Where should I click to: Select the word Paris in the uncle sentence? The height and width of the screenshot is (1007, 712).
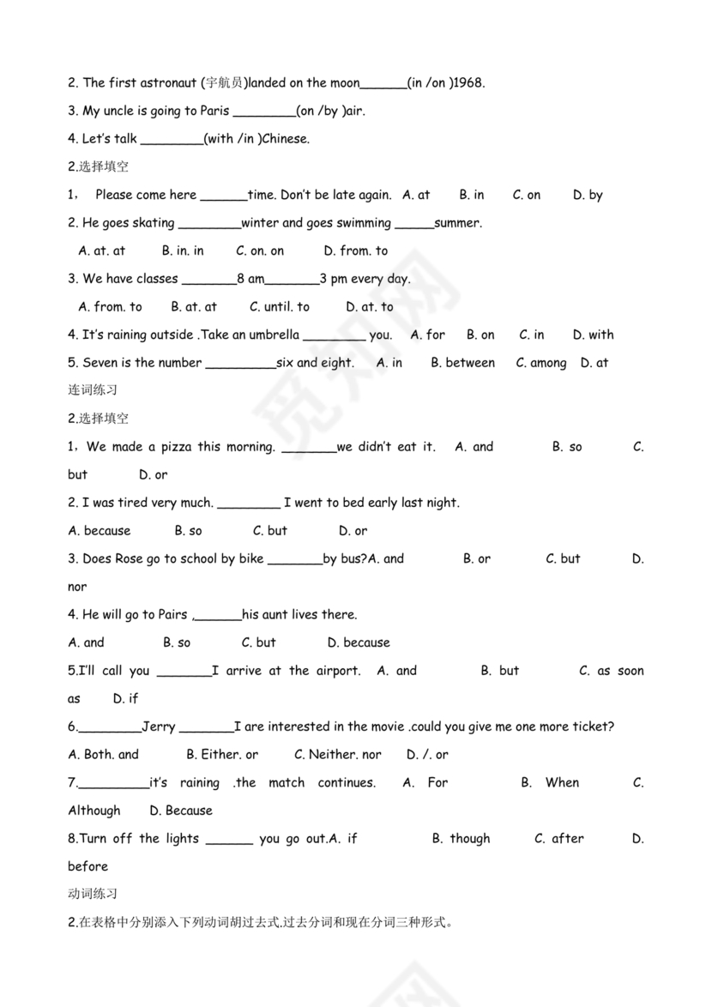click(214, 111)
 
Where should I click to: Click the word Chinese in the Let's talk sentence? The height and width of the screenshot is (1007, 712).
click(285, 139)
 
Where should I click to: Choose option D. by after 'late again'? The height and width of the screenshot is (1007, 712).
click(588, 196)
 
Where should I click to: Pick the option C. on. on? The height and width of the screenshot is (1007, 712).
click(260, 251)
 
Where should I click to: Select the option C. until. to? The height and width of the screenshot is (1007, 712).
click(280, 307)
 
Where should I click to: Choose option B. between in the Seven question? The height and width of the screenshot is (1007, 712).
click(462, 364)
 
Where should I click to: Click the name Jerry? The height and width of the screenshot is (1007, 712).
click(159, 727)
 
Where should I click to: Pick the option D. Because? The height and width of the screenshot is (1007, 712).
click(180, 811)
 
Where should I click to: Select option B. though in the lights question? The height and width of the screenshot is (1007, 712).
click(461, 839)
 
